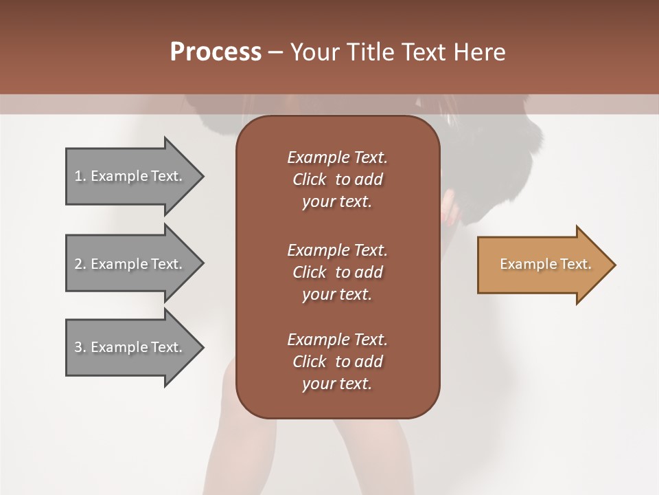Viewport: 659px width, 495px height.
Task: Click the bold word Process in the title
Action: (x=216, y=52)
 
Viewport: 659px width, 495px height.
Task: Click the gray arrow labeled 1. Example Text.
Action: (x=130, y=176)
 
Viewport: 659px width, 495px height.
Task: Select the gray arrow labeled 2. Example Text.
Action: (x=130, y=264)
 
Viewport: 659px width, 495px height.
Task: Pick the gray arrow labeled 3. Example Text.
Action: (x=130, y=347)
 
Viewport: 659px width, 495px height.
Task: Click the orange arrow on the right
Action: (x=542, y=265)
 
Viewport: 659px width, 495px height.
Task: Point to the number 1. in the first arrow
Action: (x=80, y=176)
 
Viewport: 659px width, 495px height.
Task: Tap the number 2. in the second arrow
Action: (x=80, y=264)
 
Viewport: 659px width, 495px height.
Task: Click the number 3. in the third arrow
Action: (x=80, y=347)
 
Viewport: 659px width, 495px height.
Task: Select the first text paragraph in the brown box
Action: (x=337, y=179)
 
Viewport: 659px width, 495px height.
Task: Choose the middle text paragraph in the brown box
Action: (x=337, y=272)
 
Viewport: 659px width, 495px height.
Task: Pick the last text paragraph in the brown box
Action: (x=337, y=362)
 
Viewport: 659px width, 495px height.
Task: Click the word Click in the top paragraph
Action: (x=310, y=179)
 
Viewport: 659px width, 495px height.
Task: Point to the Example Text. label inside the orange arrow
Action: (x=545, y=264)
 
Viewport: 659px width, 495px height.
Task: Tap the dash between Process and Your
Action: (x=275, y=52)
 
